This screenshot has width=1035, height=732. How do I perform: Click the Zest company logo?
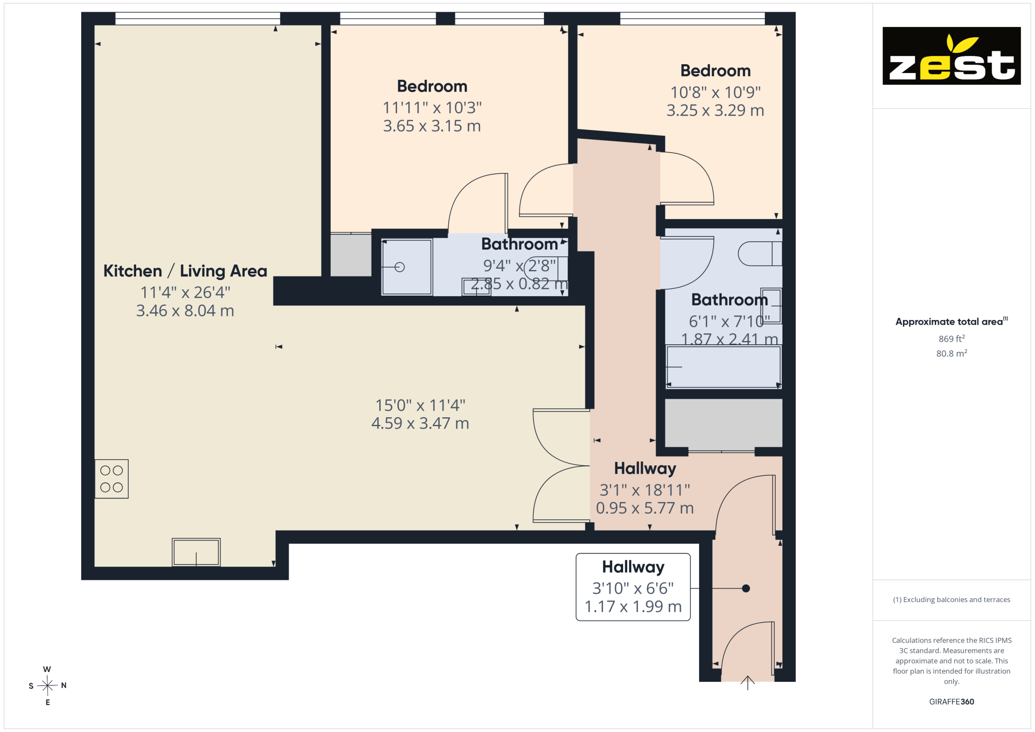(951, 56)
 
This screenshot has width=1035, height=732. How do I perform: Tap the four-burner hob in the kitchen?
(111, 479)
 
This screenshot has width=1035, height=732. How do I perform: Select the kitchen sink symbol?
(196, 552)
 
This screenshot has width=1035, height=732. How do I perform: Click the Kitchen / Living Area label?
(185, 271)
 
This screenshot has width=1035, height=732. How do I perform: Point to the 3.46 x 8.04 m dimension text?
(185, 311)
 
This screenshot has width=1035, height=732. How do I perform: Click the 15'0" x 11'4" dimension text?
(420, 405)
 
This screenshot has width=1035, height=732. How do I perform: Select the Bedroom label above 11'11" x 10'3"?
(432, 86)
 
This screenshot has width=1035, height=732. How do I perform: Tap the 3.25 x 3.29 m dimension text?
(715, 110)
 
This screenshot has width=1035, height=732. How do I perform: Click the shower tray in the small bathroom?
(407, 267)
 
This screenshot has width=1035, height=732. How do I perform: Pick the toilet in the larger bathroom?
(760, 254)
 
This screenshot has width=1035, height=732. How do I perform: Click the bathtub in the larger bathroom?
(723, 367)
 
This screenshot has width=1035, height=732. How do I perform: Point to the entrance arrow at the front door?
(747, 683)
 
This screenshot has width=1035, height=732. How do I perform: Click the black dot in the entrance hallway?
(746, 589)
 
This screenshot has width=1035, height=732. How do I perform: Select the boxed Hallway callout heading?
(633, 567)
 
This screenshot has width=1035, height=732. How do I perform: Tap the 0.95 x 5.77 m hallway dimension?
(645, 508)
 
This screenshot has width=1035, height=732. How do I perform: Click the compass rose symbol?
(47, 685)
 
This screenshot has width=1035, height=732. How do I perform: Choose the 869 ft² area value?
(952, 339)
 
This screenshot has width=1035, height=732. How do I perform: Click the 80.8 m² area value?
(952, 353)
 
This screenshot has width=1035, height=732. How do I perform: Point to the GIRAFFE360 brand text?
(951, 702)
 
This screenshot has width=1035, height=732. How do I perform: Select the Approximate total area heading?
(952, 321)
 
